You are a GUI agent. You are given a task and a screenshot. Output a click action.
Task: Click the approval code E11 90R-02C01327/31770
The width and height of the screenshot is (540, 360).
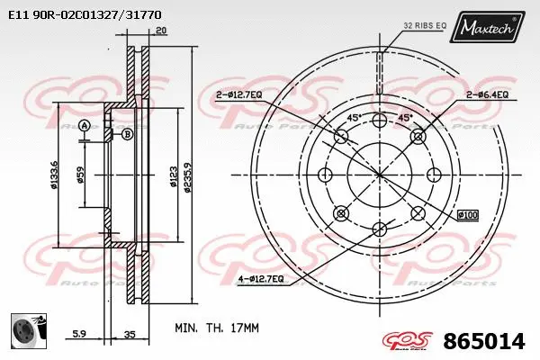[85, 14]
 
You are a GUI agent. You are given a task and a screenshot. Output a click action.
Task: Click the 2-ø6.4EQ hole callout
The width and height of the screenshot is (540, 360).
[487, 94]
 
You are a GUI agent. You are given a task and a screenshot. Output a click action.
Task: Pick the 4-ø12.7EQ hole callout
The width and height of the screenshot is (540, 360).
[262, 279]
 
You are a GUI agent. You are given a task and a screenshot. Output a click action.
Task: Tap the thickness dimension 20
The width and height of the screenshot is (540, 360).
[160, 31]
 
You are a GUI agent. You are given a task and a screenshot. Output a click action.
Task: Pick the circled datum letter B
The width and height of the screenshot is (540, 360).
[127, 134]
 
